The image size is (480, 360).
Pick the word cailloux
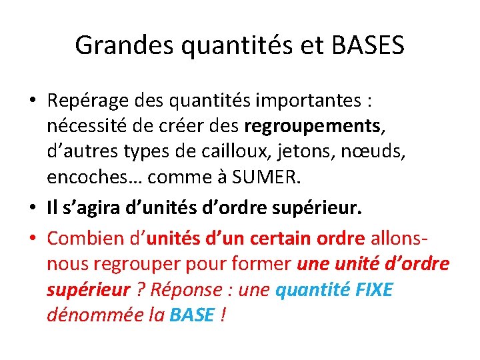[x=225, y=151]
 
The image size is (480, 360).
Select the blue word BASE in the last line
[x=191, y=315]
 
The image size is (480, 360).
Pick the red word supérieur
[x=88, y=290]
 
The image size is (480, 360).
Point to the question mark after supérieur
[x=139, y=290]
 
